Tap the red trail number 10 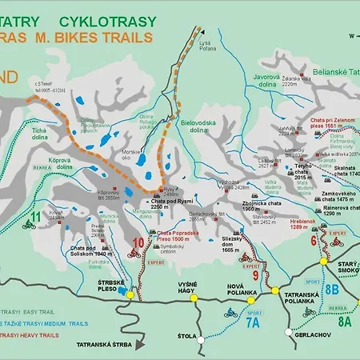138,242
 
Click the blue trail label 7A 252,322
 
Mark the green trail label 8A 344,321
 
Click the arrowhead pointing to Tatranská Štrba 140,345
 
